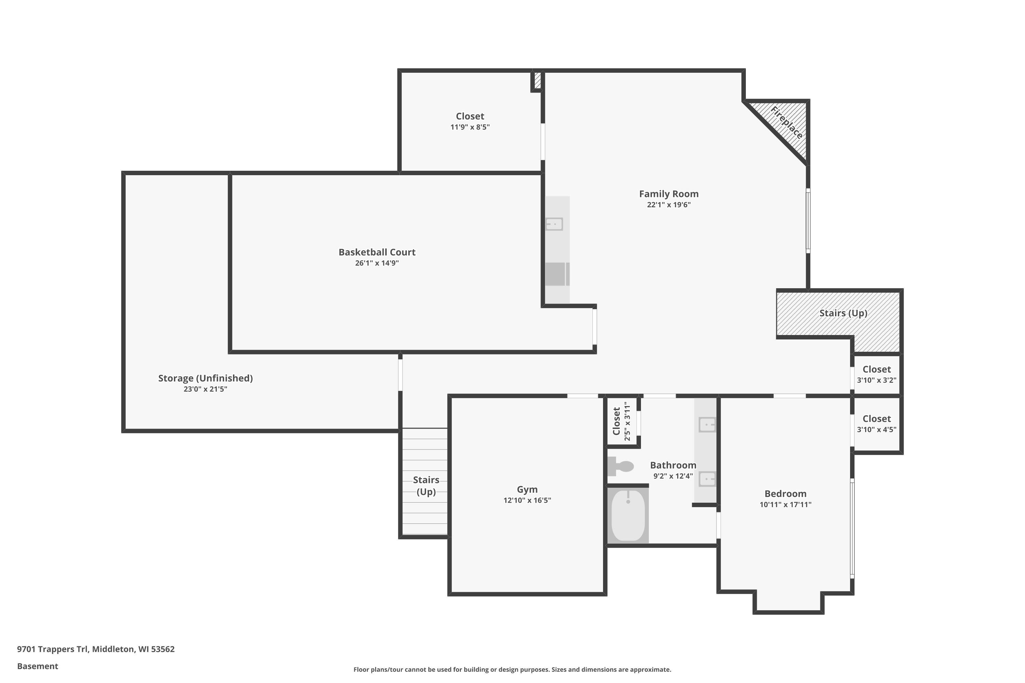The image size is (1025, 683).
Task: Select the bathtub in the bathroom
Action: [x=628, y=516]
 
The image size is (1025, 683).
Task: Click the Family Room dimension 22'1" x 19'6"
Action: [x=669, y=205]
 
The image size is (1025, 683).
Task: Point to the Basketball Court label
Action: [x=377, y=252]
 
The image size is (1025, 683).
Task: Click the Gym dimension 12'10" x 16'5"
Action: [x=527, y=500]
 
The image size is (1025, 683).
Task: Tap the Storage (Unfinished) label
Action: [x=205, y=378]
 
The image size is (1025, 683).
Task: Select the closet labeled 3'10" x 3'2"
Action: [x=876, y=375]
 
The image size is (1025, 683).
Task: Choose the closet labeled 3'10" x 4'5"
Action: [x=876, y=424]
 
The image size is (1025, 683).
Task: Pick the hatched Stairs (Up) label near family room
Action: [x=843, y=313]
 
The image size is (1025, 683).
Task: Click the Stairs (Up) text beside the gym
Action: [x=426, y=486]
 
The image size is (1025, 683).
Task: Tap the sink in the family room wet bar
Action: [x=554, y=224]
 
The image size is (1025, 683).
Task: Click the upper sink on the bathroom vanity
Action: [x=707, y=424]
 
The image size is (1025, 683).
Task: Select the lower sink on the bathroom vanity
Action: [x=707, y=479]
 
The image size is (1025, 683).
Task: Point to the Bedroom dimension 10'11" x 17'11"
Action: [x=785, y=504]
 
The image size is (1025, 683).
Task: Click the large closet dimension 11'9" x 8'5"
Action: [x=470, y=127]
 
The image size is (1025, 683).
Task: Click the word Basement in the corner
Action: [x=38, y=666]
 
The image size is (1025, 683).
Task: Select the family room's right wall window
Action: [x=808, y=221]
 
